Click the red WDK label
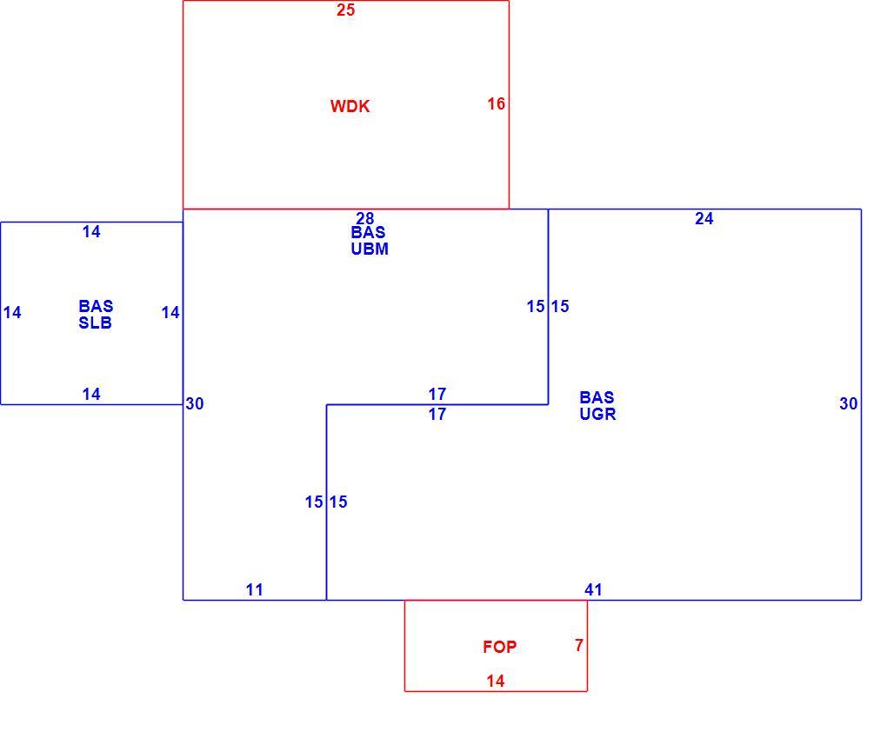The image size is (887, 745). tap(350, 106)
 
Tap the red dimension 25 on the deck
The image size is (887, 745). tap(345, 10)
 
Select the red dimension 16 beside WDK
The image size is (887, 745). tap(496, 103)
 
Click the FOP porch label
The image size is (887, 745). tap(499, 647)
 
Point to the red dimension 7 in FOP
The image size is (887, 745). tap(578, 645)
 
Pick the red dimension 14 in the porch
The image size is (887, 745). tap(496, 681)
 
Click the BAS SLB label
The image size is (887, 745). tap(96, 315)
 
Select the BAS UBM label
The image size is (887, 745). tap(370, 241)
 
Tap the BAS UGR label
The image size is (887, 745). tap(597, 406)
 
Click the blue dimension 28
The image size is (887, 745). tap(365, 218)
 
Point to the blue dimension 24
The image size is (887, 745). tap(704, 218)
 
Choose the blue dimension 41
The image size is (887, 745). tap(593, 589)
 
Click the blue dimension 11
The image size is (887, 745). tap(255, 589)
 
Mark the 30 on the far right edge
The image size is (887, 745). tap(849, 403)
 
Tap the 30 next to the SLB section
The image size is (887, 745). tap(195, 403)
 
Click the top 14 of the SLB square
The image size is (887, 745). tap(91, 231)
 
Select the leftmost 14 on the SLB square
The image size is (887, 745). tap(12, 312)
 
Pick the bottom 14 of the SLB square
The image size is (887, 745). tap(91, 394)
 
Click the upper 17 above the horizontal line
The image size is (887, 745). tap(437, 394)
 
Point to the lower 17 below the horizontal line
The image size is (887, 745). tap(437, 414)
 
